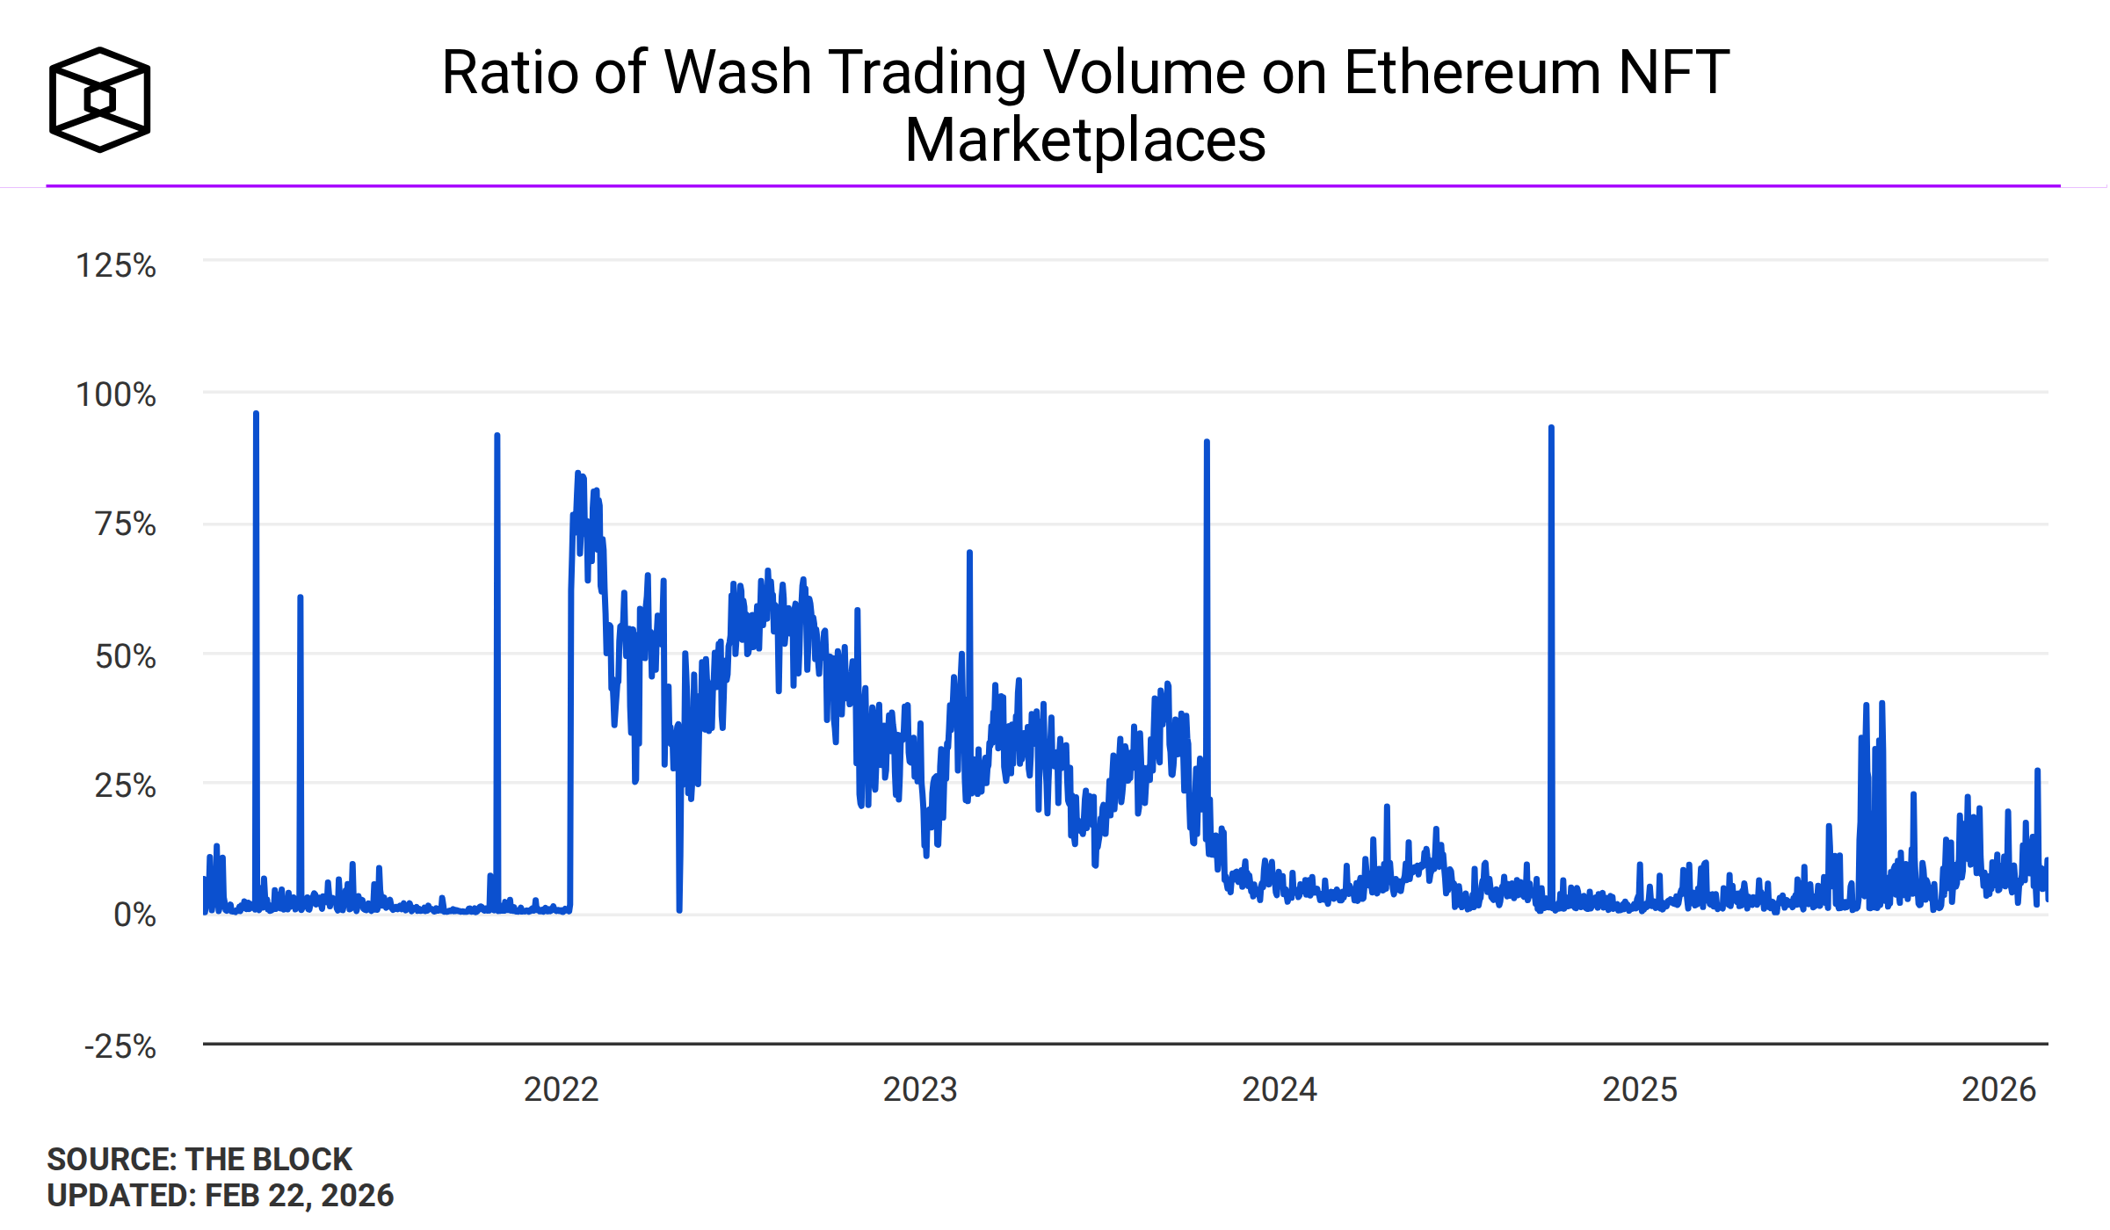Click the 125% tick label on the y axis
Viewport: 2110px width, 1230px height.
tap(116, 265)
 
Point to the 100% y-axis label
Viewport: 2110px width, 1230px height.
tap(116, 394)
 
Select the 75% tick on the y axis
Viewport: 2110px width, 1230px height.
tap(126, 525)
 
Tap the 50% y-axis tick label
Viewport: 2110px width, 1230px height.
tap(126, 656)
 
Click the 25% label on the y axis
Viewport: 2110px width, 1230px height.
tap(126, 785)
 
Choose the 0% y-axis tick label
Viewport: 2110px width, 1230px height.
tap(135, 915)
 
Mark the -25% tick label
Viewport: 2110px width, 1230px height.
tap(120, 1046)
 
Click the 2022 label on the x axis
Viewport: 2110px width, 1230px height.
tap(561, 1089)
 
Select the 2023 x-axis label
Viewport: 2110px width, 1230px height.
tap(920, 1089)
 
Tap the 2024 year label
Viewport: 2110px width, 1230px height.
tap(1280, 1089)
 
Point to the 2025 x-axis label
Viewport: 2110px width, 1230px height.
tap(1640, 1089)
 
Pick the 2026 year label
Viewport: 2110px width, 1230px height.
tap(1998, 1089)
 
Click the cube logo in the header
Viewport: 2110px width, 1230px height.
tap(100, 99)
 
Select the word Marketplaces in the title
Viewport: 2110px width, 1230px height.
tap(1085, 141)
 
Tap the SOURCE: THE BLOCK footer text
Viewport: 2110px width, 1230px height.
tap(199, 1160)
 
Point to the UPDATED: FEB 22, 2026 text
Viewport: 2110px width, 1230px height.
tap(221, 1196)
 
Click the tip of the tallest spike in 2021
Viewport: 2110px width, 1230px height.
tap(256, 414)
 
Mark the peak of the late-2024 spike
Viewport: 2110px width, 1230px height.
tap(1551, 428)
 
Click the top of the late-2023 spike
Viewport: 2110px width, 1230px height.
tap(1207, 442)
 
